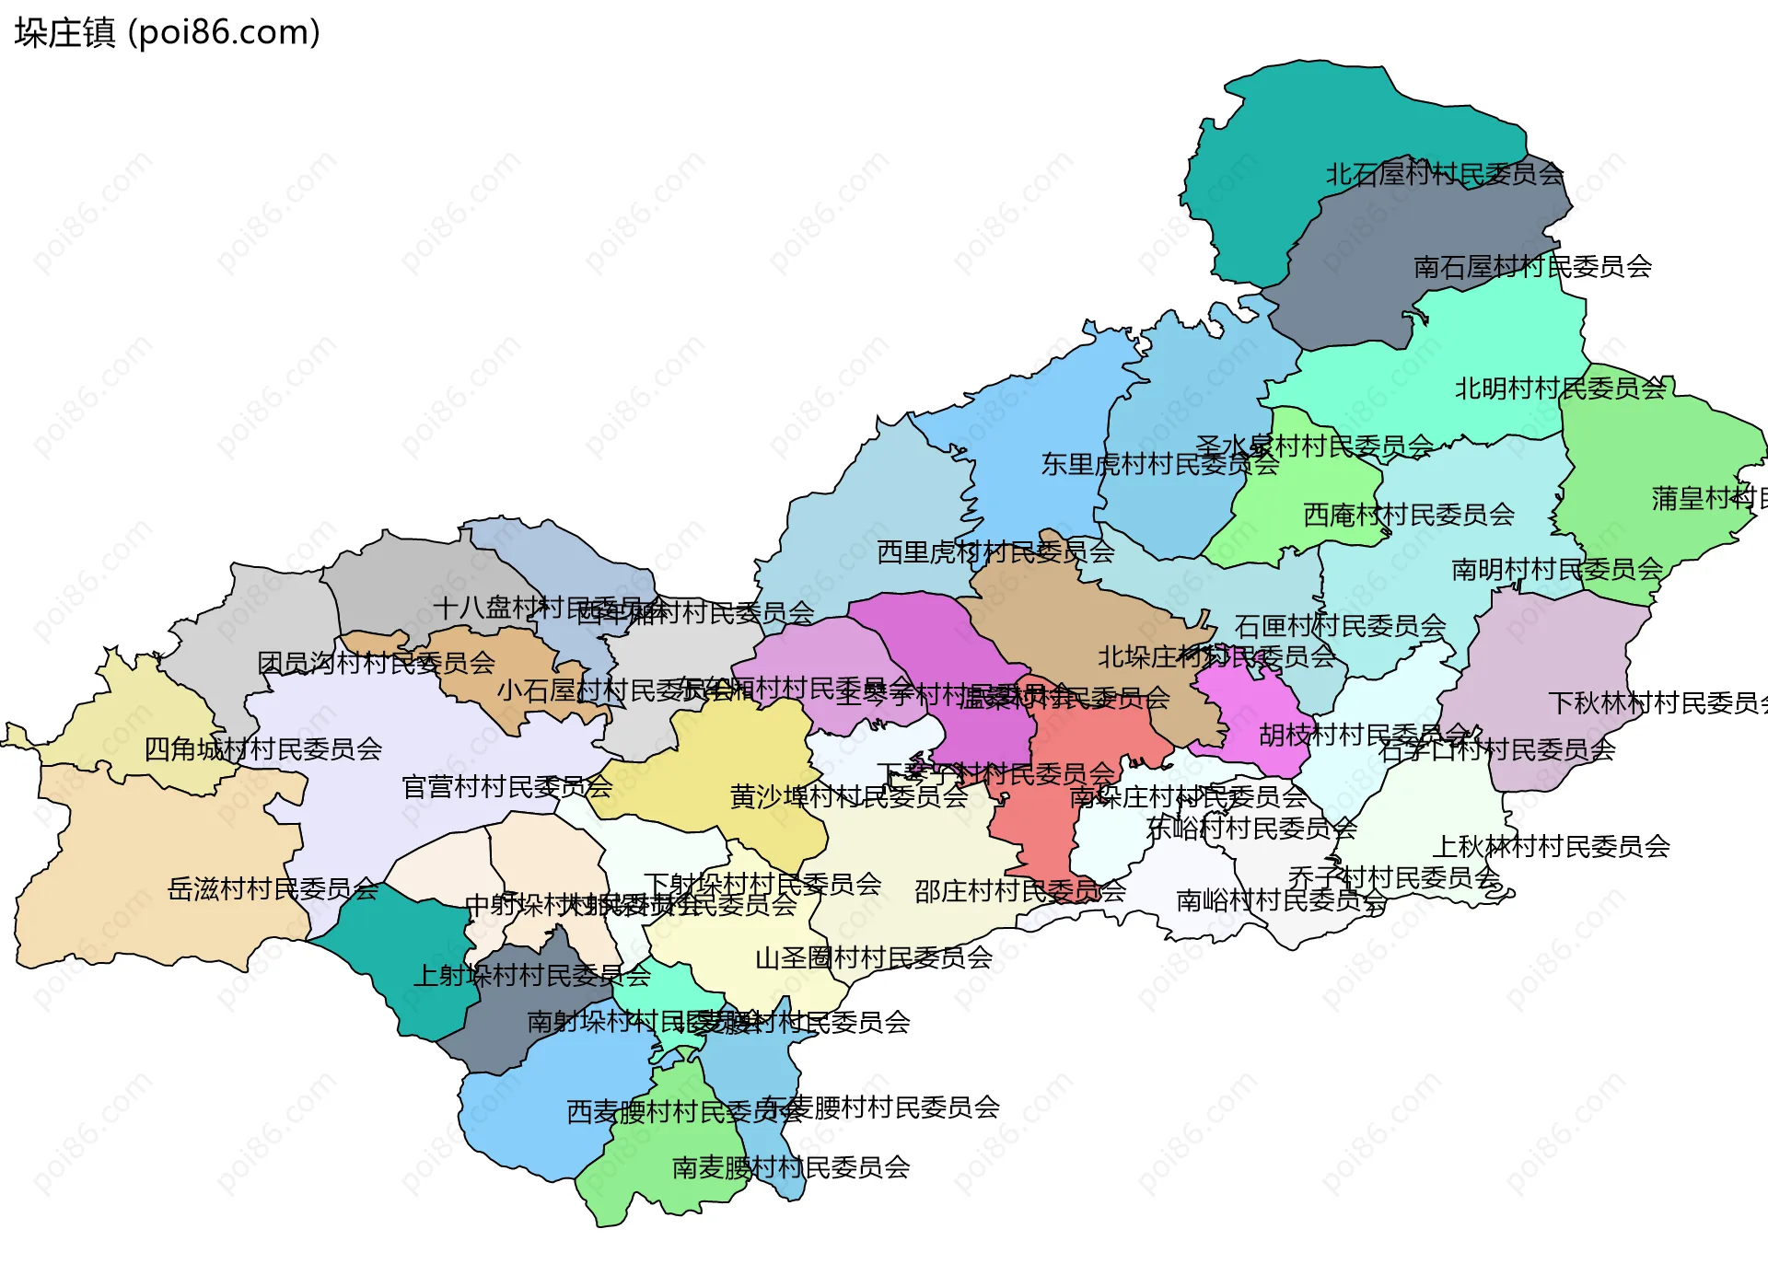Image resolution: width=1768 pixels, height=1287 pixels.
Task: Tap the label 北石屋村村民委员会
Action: click(x=1444, y=174)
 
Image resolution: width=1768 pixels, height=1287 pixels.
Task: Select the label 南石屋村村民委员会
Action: click(x=1532, y=267)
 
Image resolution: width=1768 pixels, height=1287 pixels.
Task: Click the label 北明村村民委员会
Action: click(x=1561, y=388)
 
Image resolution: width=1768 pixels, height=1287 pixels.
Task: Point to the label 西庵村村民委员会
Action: click(x=1409, y=515)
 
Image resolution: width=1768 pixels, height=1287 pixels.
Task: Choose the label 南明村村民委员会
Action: click(x=1557, y=570)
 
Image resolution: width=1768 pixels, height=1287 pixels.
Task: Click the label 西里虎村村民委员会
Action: click(x=995, y=552)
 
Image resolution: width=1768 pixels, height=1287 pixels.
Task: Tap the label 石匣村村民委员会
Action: click(x=1340, y=627)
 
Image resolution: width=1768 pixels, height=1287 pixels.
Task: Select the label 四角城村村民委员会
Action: click(x=263, y=749)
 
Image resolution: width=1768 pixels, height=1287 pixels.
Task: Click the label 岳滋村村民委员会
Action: click(x=273, y=889)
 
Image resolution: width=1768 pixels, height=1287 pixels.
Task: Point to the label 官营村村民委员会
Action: click(x=506, y=787)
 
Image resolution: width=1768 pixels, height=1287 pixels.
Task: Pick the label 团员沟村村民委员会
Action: click(x=376, y=663)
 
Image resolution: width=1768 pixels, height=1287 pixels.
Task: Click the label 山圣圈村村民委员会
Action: click(x=873, y=958)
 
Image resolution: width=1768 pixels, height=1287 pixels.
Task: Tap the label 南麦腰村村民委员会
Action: click(x=791, y=1168)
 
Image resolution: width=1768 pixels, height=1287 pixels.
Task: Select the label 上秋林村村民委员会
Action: click(x=1552, y=847)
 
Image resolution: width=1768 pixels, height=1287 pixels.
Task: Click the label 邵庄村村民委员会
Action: click(x=1019, y=891)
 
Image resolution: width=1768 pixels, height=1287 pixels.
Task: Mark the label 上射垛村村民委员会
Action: click(x=531, y=975)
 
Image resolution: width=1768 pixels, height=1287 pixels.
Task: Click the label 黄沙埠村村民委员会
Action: click(x=848, y=796)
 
